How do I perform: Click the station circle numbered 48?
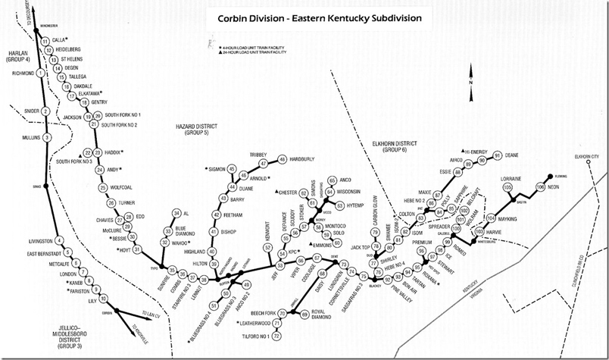pos(282,160)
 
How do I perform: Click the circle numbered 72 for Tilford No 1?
pos(277,334)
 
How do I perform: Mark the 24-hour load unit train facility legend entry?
pos(250,51)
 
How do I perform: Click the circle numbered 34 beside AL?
pos(176,214)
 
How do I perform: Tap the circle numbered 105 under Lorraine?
pos(507,186)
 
